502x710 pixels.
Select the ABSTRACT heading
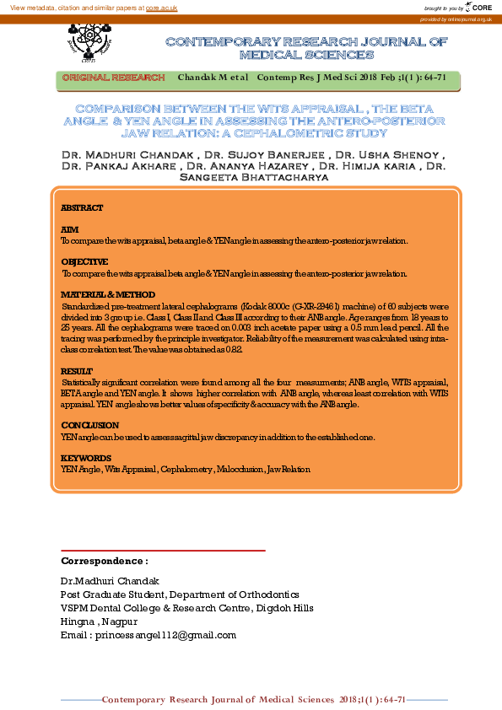(82, 208)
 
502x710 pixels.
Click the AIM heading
(69, 229)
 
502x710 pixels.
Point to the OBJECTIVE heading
(84, 262)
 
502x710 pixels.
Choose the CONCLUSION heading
(89, 426)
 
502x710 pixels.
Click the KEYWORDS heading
(86, 458)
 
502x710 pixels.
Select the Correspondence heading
(105, 561)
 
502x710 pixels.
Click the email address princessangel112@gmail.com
(165, 635)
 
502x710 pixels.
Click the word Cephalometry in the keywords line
(186, 469)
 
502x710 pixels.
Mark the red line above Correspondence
(163, 551)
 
